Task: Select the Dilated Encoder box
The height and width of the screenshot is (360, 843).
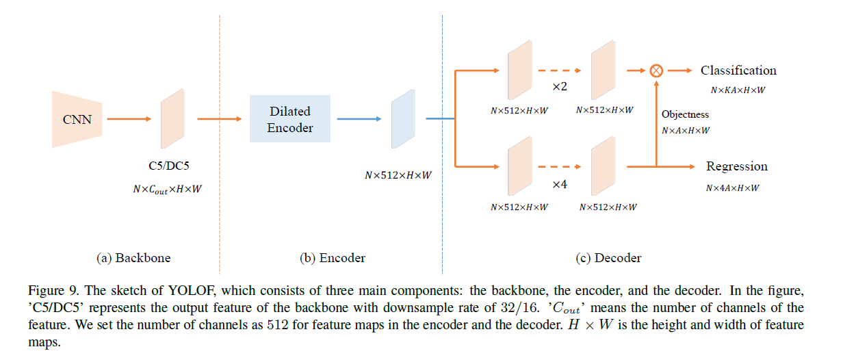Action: pyautogui.click(x=289, y=119)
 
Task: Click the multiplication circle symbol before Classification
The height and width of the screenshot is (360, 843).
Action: pyautogui.click(x=656, y=70)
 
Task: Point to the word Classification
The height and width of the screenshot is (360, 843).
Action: pyautogui.click(x=738, y=70)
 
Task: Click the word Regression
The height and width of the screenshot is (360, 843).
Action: pyautogui.click(x=737, y=166)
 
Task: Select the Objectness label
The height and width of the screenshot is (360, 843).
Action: pyautogui.click(x=685, y=114)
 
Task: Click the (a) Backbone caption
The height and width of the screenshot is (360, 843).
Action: pyautogui.click(x=133, y=258)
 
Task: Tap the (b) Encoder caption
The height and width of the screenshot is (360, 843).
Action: pyautogui.click(x=333, y=258)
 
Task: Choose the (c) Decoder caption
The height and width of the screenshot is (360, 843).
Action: pyautogui.click(x=608, y=258)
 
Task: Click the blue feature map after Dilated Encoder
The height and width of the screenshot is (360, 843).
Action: pyautogui.click(x=403, y=119)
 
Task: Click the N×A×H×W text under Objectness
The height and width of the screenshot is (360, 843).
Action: pyautogui.click(x=686, y=130)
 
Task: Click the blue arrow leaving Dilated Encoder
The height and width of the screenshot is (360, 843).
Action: pyautogui.click(x=359, y=119)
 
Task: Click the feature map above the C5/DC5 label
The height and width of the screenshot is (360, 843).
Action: pyautogui.click(x=172, y=118)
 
